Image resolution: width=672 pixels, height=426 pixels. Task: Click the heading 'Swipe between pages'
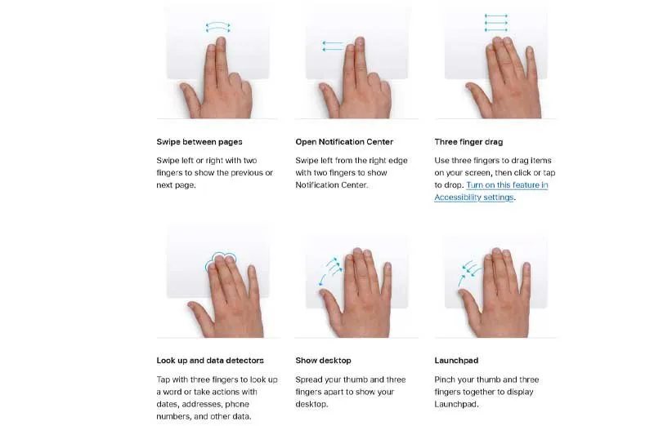click(199, 142)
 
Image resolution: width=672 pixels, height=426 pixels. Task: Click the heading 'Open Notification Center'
click(344, 142)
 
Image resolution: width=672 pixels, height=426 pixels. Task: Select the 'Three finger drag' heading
click(468, 142)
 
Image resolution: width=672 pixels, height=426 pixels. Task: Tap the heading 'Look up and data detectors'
click(210, 361)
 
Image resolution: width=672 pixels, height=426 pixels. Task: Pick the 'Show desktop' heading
click(323, 361)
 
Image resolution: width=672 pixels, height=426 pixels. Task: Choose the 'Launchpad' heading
click(456, 361)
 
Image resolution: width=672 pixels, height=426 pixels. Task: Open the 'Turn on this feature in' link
click(507, 185)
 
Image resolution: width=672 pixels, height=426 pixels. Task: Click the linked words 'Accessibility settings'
click(473, 197)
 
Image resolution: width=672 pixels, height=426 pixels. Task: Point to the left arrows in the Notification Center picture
click(333, 47)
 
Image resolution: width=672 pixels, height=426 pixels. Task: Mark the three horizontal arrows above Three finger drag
click(496, 23)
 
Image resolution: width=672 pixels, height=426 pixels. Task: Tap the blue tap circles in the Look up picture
click(220, 260)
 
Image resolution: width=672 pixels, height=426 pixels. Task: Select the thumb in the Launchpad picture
click(470, 302)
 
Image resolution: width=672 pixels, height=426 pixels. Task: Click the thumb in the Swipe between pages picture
click(190, 95)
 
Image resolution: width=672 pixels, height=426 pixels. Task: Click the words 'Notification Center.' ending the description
click(331, 185)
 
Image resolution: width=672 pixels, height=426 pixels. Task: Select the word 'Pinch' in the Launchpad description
click(445, 379)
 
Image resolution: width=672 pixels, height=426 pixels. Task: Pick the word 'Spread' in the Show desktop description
click(308, 379)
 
